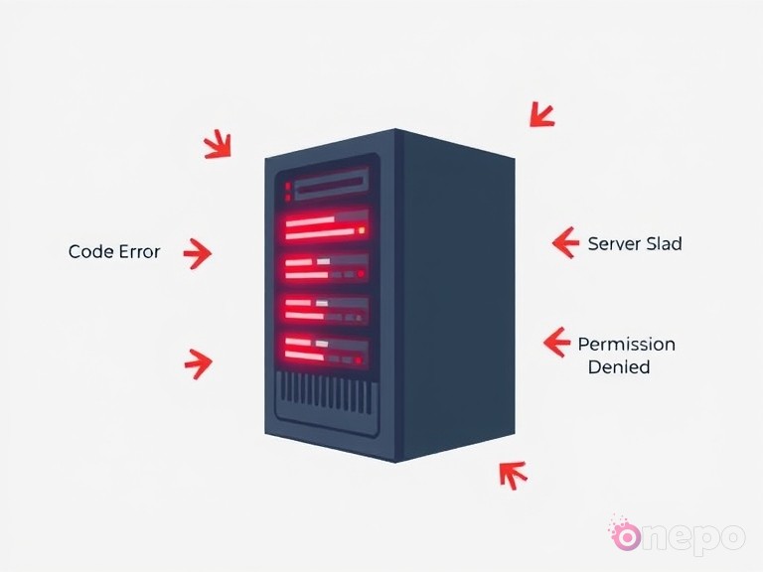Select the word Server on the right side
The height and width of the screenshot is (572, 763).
(x=615, y=242)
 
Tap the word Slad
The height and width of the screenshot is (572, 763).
(x=665, y=242)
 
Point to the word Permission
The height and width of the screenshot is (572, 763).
(x=626, y=345)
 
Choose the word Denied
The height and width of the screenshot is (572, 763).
(x=618, y=366)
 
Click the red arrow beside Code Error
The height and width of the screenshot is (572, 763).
(x=198, y=253)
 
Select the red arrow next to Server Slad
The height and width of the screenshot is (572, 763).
(x=564, y=241)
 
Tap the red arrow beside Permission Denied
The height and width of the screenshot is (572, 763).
(x=556, y=343)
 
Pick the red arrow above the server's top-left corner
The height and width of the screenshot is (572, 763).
(x=218, y=146)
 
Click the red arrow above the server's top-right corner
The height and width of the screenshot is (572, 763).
(x=541, y=114)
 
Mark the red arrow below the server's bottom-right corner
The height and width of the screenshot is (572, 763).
(x=512, y=475)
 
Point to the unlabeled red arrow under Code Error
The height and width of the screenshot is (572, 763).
(x=199, y=361)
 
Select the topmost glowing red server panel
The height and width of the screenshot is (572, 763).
(x=326, y=227)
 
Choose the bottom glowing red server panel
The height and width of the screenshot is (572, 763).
(x=326, y=348)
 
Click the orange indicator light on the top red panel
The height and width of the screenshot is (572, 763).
(x=362, y=230)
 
